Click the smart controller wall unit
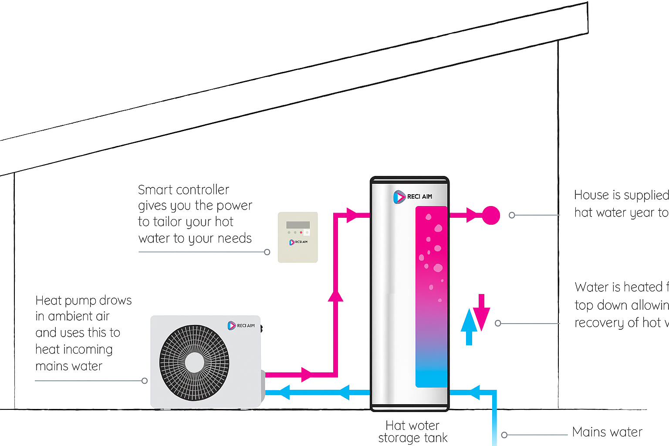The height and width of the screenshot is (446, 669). (x=298, y=237)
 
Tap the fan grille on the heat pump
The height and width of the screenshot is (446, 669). (x=194, y=362)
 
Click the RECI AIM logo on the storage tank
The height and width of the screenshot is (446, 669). (x=412, y=197)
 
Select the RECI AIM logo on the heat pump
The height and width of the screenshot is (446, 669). (x=241, y=325)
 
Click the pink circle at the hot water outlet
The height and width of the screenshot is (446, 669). (x=491, y=215)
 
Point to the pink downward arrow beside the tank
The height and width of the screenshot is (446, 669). (x=482, y=312)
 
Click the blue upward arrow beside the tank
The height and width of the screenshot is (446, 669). (x=469, y=327)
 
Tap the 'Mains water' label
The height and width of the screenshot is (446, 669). (x=607, y=432)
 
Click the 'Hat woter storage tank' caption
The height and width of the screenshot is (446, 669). (x=413, y=432)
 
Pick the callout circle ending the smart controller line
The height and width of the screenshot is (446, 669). (x=267, y=252)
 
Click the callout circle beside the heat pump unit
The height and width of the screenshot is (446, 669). (x=145, y=381)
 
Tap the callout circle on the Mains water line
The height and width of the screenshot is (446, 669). (x=504, y=435)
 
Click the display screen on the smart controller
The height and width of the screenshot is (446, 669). (x=298, y=225)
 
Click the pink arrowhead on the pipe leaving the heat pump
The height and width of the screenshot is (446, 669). (x=307, y=375)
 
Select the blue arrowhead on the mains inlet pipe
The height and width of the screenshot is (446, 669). (x=474, y=392)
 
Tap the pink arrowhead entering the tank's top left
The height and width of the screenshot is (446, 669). (x=351, y=215)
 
